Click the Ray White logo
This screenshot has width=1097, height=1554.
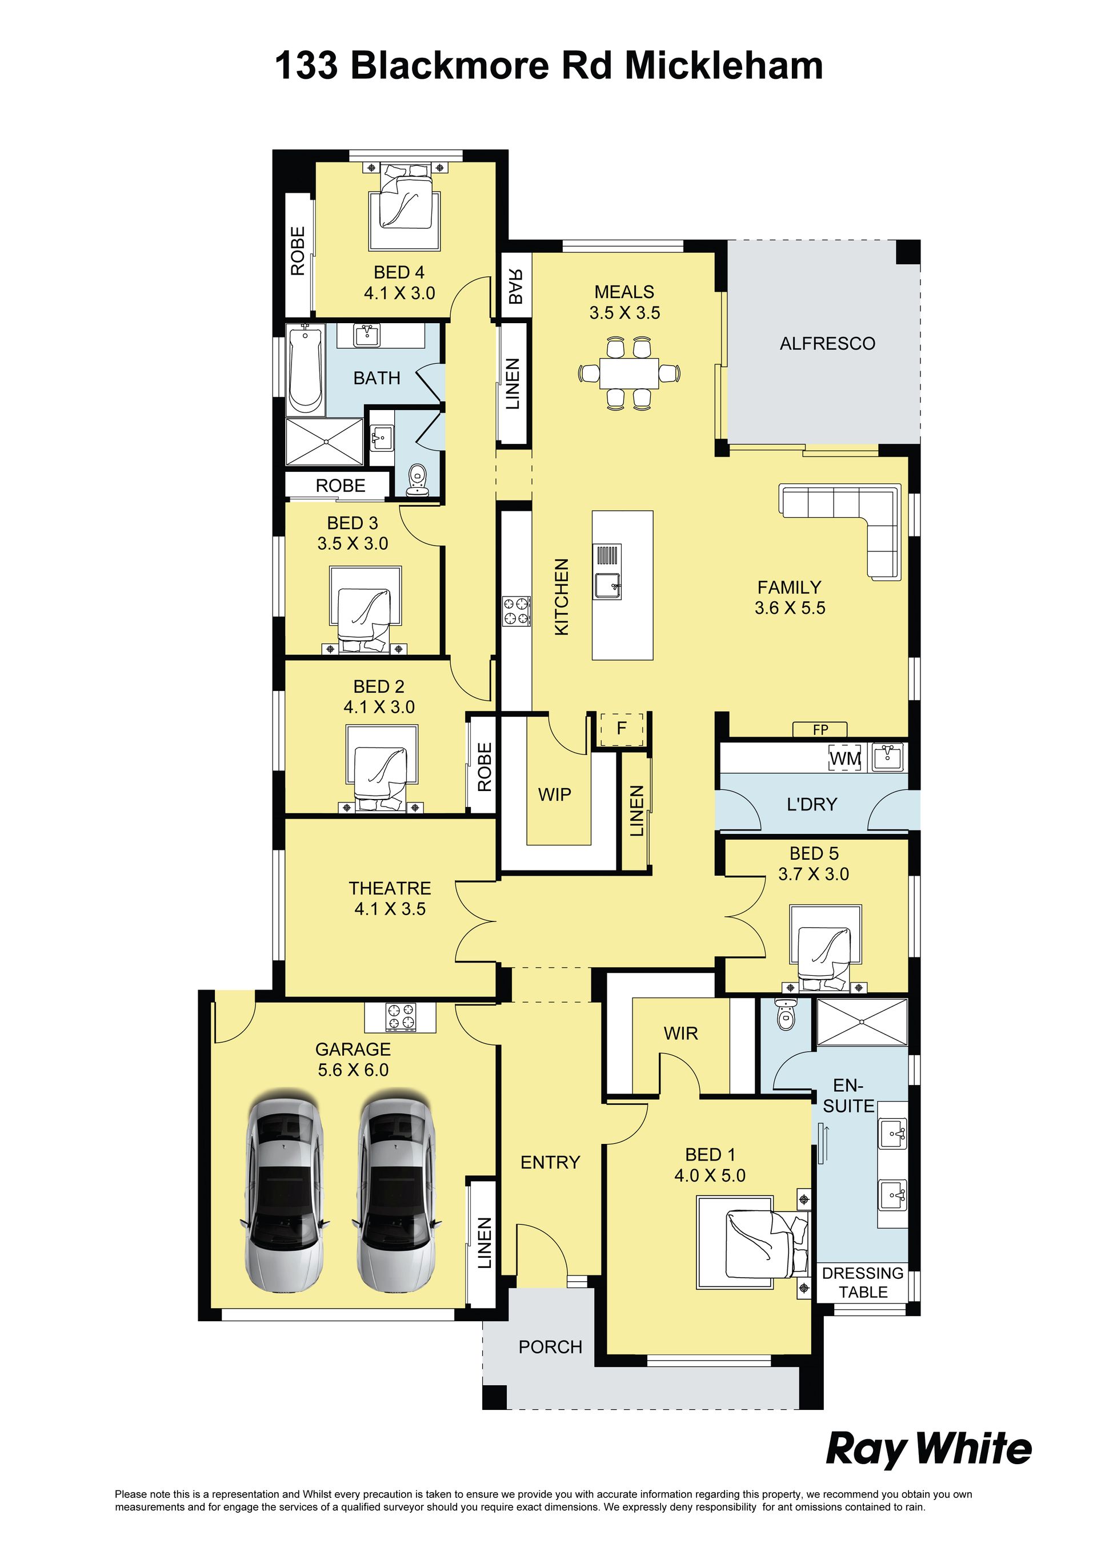[928, 1450]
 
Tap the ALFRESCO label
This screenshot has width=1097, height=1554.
[827, 344]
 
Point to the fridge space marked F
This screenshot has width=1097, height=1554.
[622, 729]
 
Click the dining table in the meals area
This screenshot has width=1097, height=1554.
[629, 373]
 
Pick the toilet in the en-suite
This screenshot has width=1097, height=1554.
[785, 1015]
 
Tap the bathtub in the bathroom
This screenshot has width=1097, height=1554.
[306, 370]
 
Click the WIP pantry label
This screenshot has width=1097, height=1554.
[555, 794]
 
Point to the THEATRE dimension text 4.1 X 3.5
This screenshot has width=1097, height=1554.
[390, 909]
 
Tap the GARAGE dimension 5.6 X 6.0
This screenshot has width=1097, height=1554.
[353, 1070]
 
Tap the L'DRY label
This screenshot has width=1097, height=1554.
[812, 804]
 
